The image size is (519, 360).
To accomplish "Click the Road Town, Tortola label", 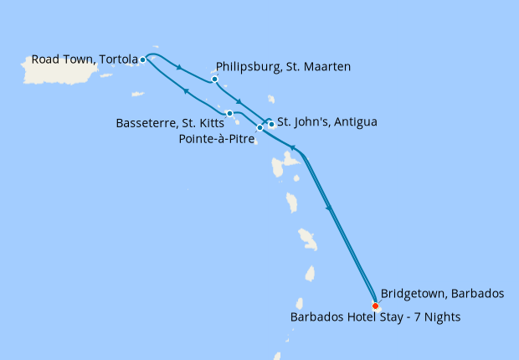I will click(84, 59).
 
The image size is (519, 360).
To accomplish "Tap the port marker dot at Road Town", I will click(143, 59).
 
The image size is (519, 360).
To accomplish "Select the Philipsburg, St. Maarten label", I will click(283, 66).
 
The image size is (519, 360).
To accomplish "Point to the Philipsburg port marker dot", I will click(215, 80).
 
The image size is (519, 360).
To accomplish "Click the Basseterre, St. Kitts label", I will click(170, 123).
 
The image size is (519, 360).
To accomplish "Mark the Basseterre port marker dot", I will click(229, 113).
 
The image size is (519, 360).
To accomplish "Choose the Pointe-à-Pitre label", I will click(216, 138).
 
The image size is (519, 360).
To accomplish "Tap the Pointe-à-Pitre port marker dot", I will click(259, 128).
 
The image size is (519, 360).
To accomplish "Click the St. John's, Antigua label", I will click(326, 122).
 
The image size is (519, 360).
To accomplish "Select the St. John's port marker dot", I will click(271, 124).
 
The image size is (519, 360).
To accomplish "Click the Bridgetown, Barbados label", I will click(442, 293).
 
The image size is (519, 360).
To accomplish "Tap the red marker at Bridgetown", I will click(374, 306).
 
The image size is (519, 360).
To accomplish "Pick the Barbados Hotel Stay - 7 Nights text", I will click(375, 317).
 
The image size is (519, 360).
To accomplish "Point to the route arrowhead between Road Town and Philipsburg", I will click(180, 68).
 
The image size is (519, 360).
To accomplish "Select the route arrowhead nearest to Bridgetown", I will click(329, 208).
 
